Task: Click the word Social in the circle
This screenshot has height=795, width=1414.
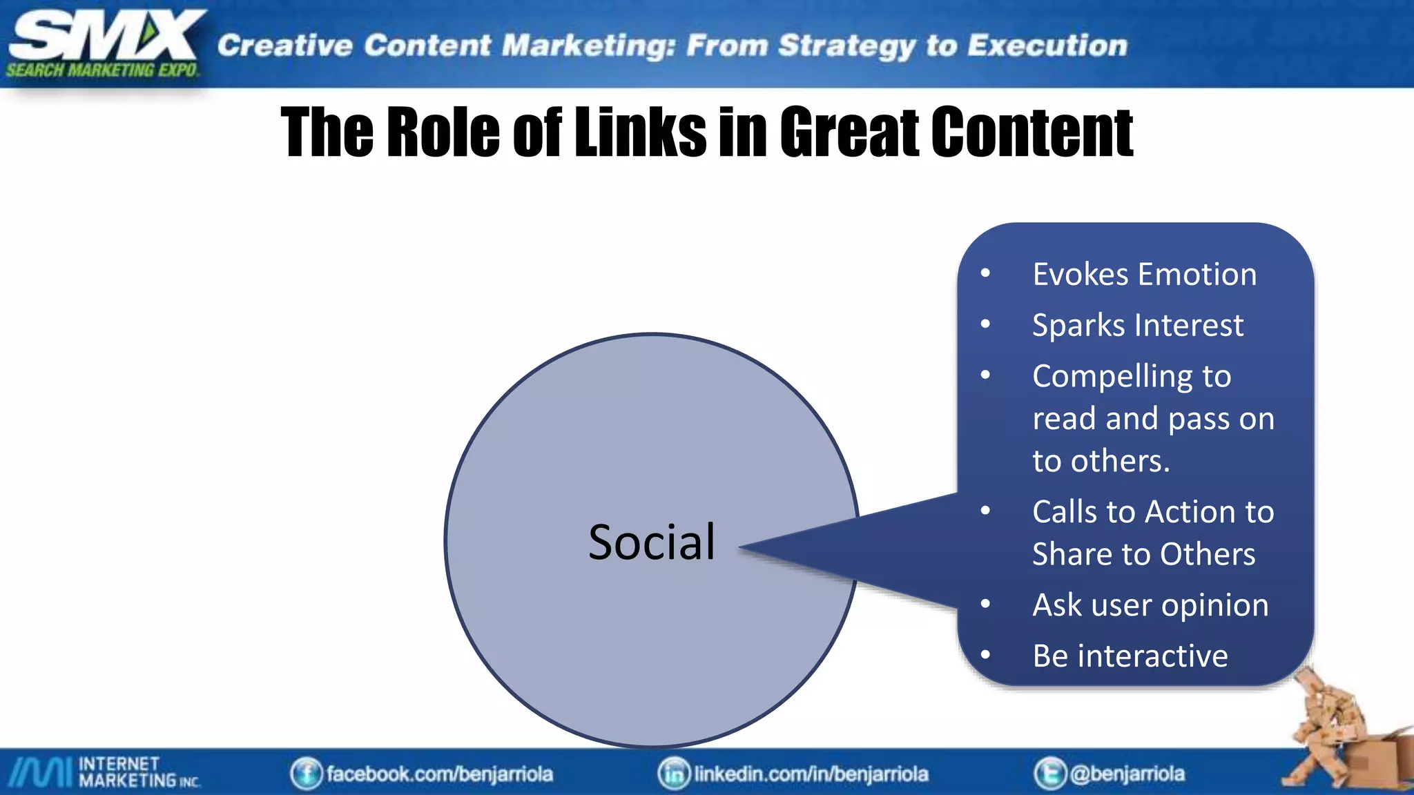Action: click(652, 542)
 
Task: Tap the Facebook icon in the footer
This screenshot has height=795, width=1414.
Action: click(306, 774)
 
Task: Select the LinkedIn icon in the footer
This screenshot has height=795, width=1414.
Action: click(673, 774)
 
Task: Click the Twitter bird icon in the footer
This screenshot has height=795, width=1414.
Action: click(1049, 774)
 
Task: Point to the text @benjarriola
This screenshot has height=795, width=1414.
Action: click(1127, 774)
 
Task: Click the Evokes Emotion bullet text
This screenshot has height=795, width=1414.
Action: click(1144, 275)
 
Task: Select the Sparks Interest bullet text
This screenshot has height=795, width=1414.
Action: click(1137, 326)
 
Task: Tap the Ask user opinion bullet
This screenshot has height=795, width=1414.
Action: click(1150, 605)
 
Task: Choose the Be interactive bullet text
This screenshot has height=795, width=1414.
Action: click(1130, 656)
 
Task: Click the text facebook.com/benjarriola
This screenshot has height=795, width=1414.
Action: click(439, 774)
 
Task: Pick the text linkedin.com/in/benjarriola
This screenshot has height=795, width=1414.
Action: click(811, 774)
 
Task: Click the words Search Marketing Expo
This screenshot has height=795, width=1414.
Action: click(102, 70)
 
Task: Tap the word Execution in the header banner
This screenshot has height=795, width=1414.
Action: click(1047, 46)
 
